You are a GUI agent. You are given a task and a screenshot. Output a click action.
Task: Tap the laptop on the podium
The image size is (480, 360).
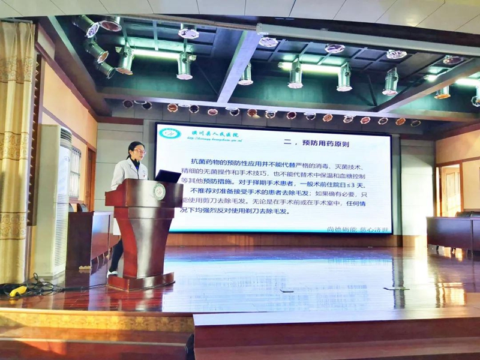point(167,176)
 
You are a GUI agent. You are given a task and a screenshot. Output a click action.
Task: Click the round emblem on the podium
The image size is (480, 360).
point(159,192)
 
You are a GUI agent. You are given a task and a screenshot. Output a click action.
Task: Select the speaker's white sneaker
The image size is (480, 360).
point(112,272)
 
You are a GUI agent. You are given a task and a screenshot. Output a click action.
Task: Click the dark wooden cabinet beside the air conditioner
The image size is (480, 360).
point(87,240)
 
